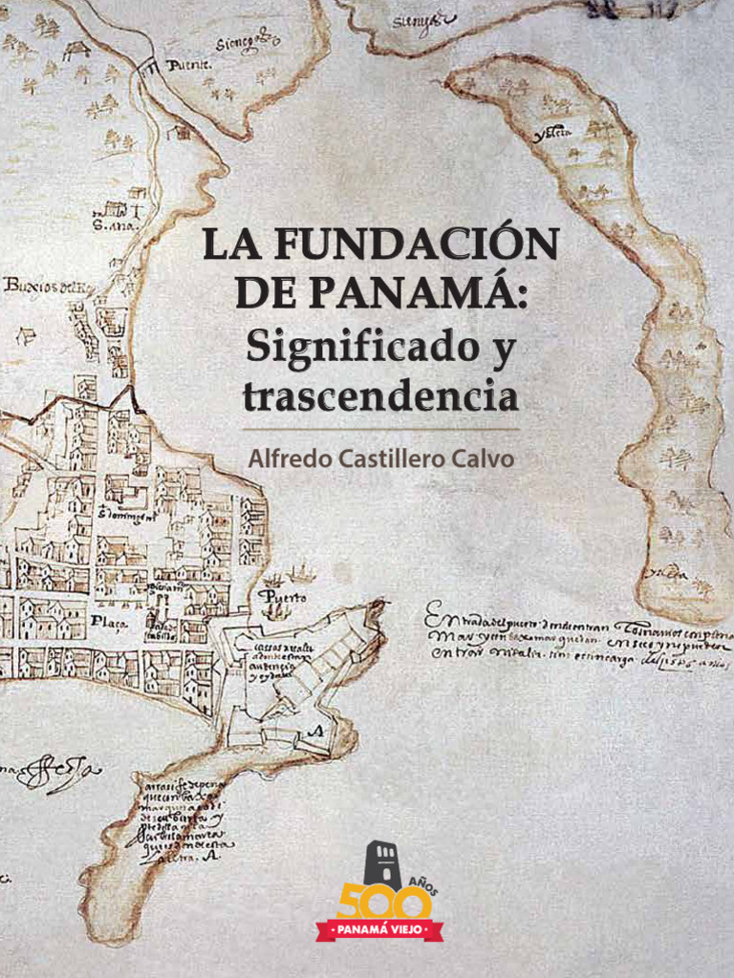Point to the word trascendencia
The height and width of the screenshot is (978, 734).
379,395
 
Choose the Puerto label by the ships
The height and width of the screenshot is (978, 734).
283,597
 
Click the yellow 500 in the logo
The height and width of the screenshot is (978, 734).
377,902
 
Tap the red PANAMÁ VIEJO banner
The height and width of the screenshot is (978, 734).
379,928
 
